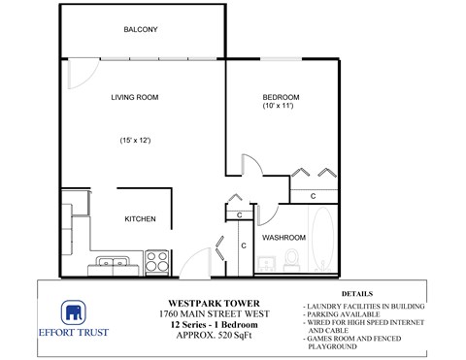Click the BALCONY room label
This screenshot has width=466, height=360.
(x=140, y=30)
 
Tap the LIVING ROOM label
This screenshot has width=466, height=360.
(x=134, y=97)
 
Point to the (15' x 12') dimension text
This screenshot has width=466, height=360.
(x=134, y=140)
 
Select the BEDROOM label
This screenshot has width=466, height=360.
(x=281, y=97)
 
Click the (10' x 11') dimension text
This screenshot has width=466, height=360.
(x=281, y=107)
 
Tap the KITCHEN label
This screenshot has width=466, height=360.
(x=140, y=219)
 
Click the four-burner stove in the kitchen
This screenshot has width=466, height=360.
(x=157, y=261)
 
